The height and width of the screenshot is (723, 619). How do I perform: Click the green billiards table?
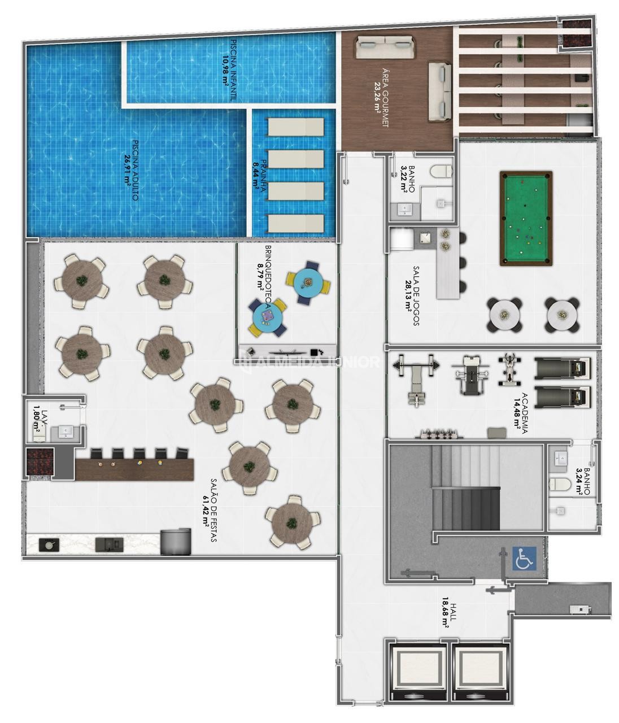(526, 218)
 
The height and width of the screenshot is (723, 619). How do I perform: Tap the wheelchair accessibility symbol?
(524, 558)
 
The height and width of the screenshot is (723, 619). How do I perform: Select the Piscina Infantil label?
(229, 70)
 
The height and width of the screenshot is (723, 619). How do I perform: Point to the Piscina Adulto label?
(131, 171)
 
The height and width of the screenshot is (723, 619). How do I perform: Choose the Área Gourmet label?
(381, 98)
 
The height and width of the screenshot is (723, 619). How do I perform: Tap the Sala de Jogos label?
(412, 295)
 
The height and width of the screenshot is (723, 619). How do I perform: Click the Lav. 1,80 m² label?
(39, 420)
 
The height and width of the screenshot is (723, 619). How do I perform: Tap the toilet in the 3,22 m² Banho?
(441, 171)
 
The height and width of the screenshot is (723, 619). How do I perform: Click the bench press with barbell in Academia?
(416, 379)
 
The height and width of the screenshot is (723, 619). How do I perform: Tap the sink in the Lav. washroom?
(66, 432)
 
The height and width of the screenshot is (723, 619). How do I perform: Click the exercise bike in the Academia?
(509, 369)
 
